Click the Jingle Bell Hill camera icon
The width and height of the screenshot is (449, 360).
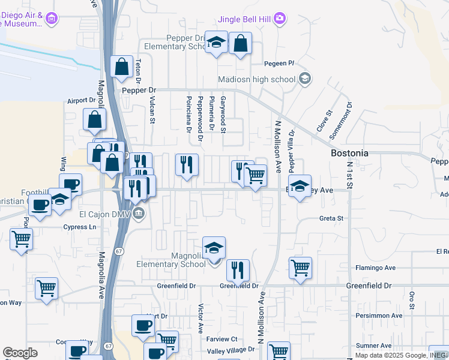[279, 19]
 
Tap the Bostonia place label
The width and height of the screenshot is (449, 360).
[349, 153]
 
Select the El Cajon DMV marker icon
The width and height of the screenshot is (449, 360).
[139, 214]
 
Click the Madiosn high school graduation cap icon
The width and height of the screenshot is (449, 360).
[305, 79]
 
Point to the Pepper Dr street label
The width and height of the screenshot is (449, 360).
[139, 90]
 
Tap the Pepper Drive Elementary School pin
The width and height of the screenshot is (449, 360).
[216, 42]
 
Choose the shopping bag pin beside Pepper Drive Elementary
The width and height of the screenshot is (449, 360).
[240, 43]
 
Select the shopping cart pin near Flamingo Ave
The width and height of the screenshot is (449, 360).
[300, 268]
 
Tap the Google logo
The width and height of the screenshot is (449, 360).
[20, 353]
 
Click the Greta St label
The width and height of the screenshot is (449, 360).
[331, 218]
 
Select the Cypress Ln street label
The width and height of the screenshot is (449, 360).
[80, 227]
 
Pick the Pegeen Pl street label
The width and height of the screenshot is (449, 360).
[279, 63]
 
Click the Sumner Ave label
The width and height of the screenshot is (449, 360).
[373, 346]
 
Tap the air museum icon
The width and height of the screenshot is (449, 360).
[52, 19]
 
